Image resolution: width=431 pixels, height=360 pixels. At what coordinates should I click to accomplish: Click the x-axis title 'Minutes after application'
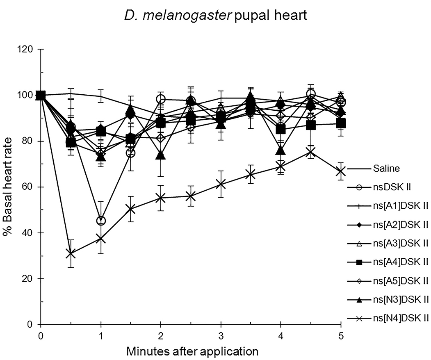[192, 351]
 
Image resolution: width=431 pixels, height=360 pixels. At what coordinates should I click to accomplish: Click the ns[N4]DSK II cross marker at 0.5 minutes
[71, 253]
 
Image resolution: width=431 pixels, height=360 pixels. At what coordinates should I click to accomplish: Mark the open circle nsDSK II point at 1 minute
[101, 221]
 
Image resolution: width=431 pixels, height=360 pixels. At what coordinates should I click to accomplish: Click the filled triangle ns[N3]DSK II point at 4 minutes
[281, 150]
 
